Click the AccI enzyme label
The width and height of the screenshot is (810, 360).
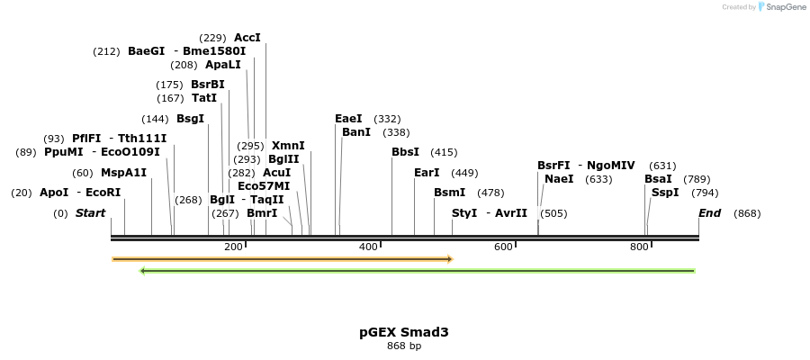[x=247, y=38]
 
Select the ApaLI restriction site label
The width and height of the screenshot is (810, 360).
[x=222, y=65]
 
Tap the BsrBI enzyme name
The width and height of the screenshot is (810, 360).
[x=207, y=85]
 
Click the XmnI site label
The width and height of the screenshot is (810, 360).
[x=288, y=146]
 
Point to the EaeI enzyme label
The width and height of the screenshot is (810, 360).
[x=348, y=119]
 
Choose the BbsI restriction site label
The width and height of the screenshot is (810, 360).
[x=405, y=152]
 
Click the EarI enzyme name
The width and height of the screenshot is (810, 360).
[x=427, y=173]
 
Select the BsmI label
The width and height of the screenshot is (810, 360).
[x=449, y=193]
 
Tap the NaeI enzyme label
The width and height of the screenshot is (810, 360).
[x=559, y=179]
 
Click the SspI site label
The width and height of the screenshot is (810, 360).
[x=665, y=193]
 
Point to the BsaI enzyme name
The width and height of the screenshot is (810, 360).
[x=658, y=179]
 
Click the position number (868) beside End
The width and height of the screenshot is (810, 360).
[x=747, y=213]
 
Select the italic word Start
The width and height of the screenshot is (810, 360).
[x=90, y=213]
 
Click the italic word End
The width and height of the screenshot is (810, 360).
[x=709, y=213]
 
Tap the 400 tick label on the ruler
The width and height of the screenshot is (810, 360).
[x=368, y=247]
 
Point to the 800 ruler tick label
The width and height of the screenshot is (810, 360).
[x=639, y=247]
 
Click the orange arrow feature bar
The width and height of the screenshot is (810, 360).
[x=282, y=259]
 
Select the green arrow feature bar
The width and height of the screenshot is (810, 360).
[x=418, y=270]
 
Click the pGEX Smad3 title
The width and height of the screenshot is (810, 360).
[x=404, y=332]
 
